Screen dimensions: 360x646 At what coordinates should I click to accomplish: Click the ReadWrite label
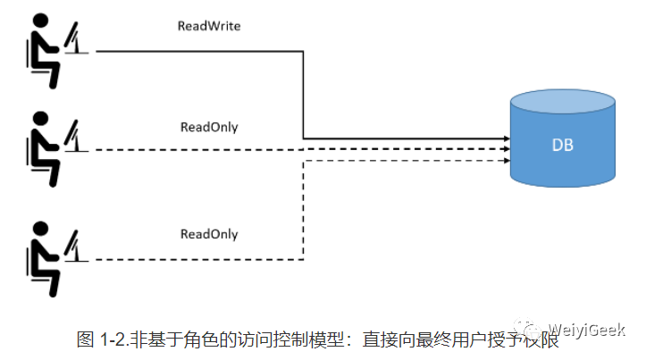tap(210, 27)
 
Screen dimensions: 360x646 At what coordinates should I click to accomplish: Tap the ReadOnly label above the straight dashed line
tap(209, 127)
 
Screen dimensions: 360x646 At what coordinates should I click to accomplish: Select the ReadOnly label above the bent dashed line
tap(209, 234)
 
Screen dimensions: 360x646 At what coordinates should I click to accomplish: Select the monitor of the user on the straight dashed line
tap(75, 137)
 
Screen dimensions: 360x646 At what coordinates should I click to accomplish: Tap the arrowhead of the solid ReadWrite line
tap(506, 139)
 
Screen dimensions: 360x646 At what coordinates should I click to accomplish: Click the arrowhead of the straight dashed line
tap(506, 149)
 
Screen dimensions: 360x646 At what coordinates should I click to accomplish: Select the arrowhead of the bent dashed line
tap(506, 161)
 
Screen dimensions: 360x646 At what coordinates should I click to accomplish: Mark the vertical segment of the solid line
tap(304, 94)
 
